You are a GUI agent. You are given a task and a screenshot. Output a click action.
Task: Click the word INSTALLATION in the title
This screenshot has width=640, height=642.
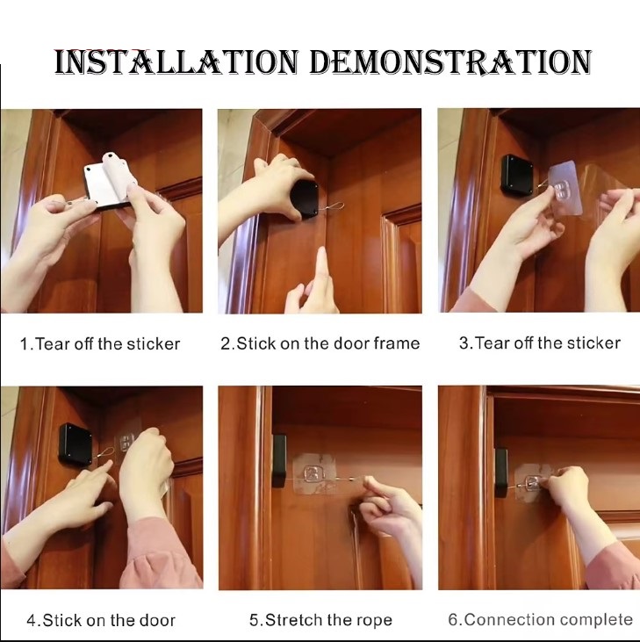pyautogui.click(x=176, y=62)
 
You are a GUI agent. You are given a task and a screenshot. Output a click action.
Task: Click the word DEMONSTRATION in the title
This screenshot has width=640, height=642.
pyautogui.click(x=450, y=62)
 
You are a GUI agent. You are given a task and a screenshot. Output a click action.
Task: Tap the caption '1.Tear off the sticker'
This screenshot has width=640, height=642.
pyautogui.click(x=100, y=344)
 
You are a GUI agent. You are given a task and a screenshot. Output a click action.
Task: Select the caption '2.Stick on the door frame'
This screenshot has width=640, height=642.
pyautogui.click(x=320, y=343)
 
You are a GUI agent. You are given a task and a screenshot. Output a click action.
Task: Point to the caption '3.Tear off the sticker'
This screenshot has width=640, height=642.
pyautogui.click(x=540, y=343)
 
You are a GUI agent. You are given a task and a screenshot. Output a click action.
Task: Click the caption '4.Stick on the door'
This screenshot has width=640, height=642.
pyautogui.click(x=101, y=620)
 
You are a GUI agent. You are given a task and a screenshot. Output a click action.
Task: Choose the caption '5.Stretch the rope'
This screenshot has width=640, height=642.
pyautogui.click(x=320, y=620)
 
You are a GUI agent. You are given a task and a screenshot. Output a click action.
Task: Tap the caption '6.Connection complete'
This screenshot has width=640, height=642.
pyautogui.click(x=540, y=619)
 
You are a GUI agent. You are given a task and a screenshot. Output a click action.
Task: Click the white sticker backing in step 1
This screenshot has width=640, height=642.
pyautogui.click(x=100, y=184)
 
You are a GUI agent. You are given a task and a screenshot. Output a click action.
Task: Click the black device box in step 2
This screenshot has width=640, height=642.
pyautogui.click(x=305, y=200)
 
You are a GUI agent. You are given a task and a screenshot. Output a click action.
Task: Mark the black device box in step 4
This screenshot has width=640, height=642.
pyautogui.click(x=76, y=444)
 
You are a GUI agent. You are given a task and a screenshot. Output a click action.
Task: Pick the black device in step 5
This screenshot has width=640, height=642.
pyautogui.click(x=279, y=460)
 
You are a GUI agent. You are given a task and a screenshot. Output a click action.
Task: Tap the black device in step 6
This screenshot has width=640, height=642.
pyautogui.click(x=501, y=472)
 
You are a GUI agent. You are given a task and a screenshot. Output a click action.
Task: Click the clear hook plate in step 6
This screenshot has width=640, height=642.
pyautogui.click(x=532, y=483)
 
